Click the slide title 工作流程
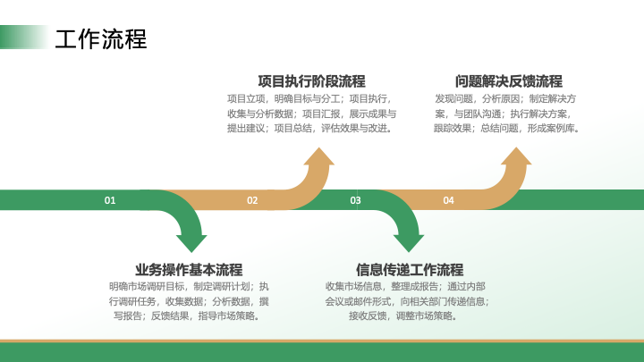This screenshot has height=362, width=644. pyautogui.click(x=100, y=39)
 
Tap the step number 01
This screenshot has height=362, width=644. pyautogui.click(x=110, y=200)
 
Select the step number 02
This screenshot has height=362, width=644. pyautogui.click(x=252, y=200)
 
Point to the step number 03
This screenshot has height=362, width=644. pyautogui.click(x=355, y=200)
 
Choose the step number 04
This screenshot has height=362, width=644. pyautogui.click(x=448, y=200)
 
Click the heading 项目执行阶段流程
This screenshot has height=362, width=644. pyautogui.click(x=312, y=81)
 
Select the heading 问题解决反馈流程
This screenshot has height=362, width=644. pyautogui.click(x=508, y=81)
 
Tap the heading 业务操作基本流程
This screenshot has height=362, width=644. pyautogui.click(x=189, y=270)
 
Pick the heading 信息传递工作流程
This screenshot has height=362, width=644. pyautogui.click(x=410, y=270)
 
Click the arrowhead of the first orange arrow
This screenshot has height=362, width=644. pyautogui.click(x=319, y=157)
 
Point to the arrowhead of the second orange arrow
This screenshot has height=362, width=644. pyautogui.click(x=516, y=157)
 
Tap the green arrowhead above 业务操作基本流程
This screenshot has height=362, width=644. pyautogui.click(x=191, y=243)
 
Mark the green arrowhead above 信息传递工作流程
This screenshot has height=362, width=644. pyautogui.click(x=409, y=243)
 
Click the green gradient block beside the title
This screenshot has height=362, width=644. pyautogui.click(x=24, y=37)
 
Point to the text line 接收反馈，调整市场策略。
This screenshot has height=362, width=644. pyautogui.click(x=403, y=316)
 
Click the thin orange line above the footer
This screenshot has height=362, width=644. pyautogui.click(x=322, y=341)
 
